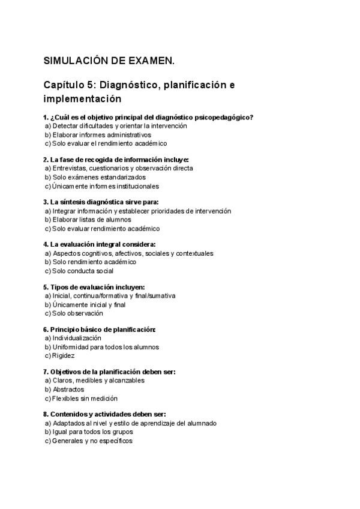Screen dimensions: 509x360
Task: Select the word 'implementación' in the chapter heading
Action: point(82,98)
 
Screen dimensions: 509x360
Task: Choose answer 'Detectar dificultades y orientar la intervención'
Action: point(119,126)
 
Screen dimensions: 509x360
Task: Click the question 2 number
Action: point(46,160)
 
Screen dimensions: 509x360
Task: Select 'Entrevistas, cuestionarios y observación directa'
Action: point(122,169)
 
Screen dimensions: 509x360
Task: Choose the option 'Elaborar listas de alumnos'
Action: point(91,220)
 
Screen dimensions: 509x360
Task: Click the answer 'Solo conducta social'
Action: point(82,271)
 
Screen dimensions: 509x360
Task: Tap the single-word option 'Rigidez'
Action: point(63,355)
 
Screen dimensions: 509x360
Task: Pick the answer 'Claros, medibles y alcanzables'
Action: point(98,381)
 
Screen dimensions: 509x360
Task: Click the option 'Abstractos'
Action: point(68,389)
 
